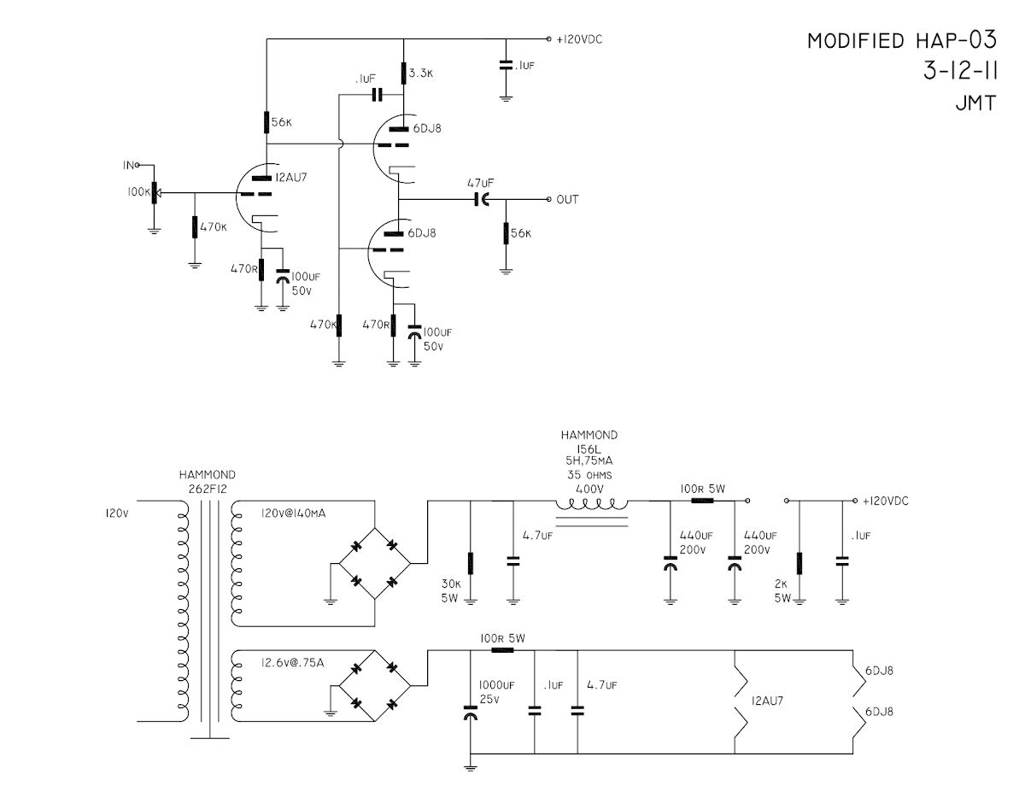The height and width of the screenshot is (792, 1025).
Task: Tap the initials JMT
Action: click(x=975, y=103)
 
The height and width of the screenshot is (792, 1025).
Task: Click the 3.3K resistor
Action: click(x=403, y=74)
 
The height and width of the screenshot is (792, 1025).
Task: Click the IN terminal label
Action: click(x=128, y=164)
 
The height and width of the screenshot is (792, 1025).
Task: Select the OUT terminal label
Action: click(x=567, y=200)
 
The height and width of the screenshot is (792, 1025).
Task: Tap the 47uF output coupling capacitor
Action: click(x=482, y=199)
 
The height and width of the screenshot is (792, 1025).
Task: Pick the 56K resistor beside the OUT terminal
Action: click(x=506, y=232)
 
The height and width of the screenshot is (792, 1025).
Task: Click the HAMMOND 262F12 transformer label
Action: click(x=207, y=482)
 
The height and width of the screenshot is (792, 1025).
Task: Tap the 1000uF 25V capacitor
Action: click(x=470, y=711)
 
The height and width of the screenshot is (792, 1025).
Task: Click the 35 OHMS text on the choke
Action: click(x=590, y=473)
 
